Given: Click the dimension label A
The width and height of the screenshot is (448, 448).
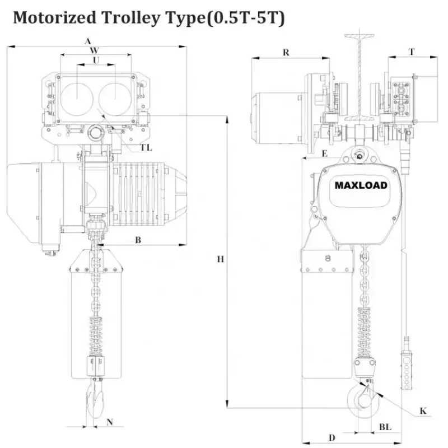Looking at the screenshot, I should coord(87,41).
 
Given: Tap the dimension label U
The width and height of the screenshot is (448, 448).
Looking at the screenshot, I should coord(96,59).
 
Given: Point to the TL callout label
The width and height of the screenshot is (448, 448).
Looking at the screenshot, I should coord(146,147).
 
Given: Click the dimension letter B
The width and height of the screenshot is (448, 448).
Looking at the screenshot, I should coord(137,240).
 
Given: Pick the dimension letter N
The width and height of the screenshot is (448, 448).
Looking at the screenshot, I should coord(110,422).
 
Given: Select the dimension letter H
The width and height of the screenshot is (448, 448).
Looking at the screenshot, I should coord(221,259).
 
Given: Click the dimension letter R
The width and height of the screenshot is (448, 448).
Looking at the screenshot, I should coord(286,52).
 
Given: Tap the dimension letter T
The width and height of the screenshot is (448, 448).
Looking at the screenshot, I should coord(412,52).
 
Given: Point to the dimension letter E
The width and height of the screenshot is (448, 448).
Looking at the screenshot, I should coord(325,153).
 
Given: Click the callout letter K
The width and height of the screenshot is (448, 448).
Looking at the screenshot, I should coord(423,411).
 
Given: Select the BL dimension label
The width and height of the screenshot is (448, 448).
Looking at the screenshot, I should coord(385,427).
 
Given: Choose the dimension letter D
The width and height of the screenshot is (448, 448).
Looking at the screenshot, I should coord(332,437).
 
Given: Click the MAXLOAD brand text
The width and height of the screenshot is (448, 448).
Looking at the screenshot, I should coord(361,185).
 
